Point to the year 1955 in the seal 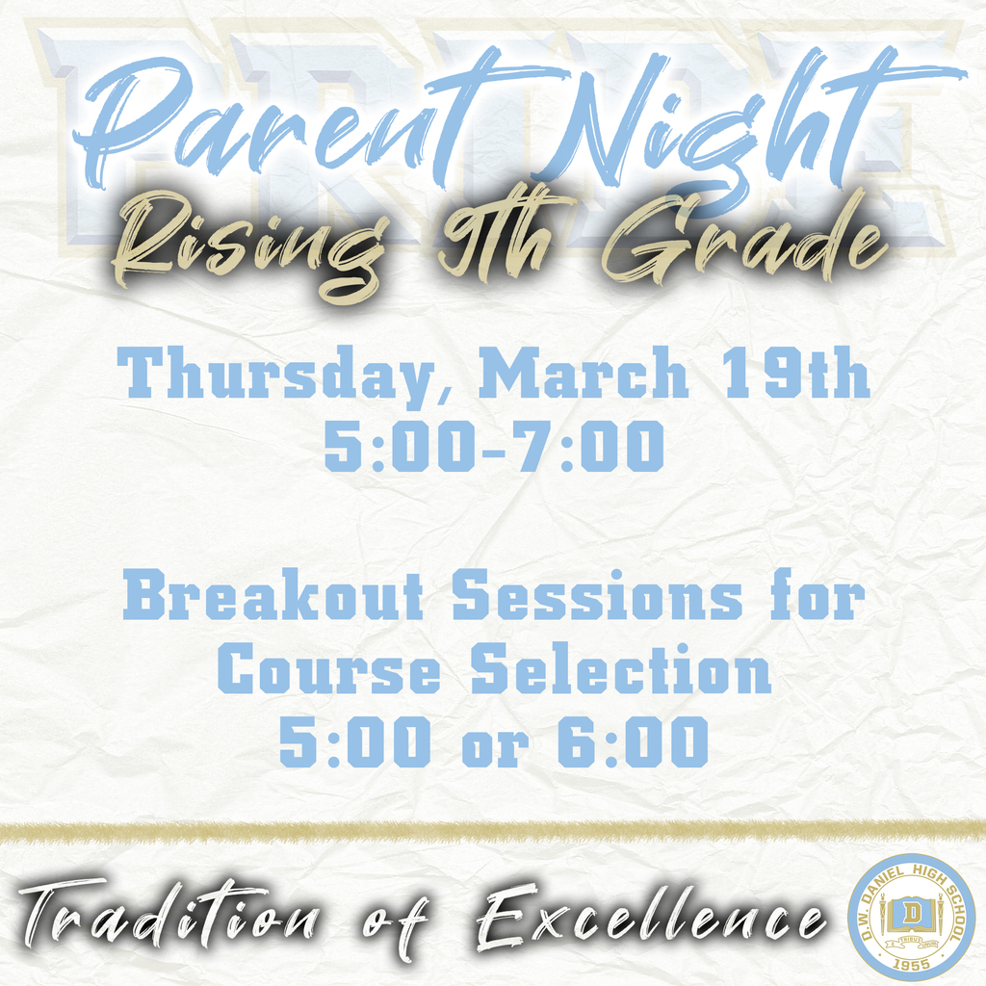tap(910, 961)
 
